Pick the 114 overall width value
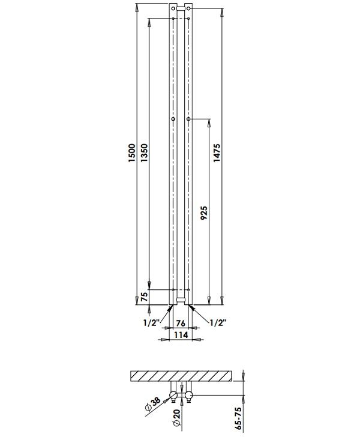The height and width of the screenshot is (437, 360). (x=181, y=334)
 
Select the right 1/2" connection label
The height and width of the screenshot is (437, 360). (x=217, y=322)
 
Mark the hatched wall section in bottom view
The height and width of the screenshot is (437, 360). (x=181, y=376)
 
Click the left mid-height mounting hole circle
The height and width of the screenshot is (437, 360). (x=173, y=120)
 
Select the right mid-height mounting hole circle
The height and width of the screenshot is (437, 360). (x=189, y=120)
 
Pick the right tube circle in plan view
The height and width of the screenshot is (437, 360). (x=188, y=394)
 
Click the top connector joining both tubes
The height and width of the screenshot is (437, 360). (x=181, y=8)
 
